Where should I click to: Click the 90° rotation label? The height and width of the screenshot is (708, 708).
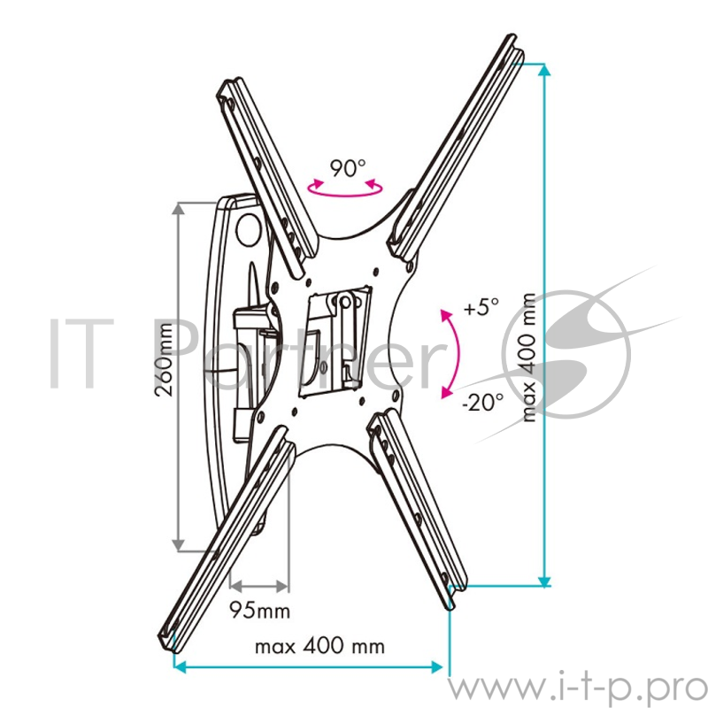pos(347,168)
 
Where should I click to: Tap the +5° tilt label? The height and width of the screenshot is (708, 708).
pos(481,307)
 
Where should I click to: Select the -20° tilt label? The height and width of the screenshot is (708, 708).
pos(482,402)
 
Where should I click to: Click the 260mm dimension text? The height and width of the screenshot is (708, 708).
pos(164,360)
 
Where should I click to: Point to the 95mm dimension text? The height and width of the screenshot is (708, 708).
pos(259,611)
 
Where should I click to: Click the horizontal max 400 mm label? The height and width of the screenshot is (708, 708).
pos(319,646)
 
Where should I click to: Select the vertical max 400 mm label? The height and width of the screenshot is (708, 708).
pos(528,358)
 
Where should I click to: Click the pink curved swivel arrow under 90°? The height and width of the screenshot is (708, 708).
pos(345,193)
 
